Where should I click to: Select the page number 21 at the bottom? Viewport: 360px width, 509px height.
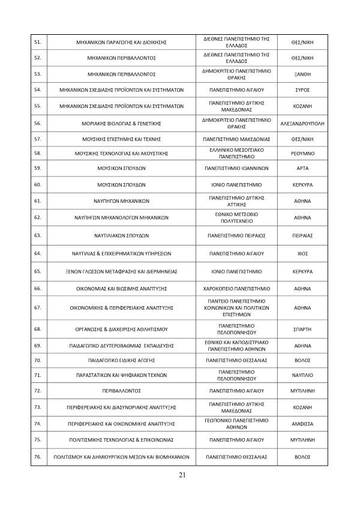[x=181, y=477]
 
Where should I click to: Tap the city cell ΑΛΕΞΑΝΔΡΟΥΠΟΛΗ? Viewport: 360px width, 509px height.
[x=302, y=123]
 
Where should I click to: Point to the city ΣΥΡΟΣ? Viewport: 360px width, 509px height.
[x=302, y=90]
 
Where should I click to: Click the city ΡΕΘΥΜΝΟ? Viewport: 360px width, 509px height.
[x=302, y=153]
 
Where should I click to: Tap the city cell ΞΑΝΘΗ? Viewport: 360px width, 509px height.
[x=302, y=74]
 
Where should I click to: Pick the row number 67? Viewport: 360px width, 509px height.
[x=37, y=308]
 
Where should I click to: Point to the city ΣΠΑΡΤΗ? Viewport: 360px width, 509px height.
[x=302, y=329]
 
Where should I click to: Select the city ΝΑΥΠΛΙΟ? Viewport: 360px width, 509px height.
[x=302, y=375]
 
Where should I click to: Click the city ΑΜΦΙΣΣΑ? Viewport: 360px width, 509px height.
[x=302, y=423]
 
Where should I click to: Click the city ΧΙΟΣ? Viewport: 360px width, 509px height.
[x=302, y=254]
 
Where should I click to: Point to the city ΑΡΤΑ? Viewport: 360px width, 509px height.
[x=302, y=169]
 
